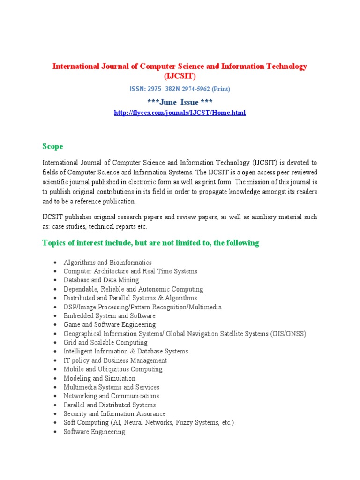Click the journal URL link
coord(180,112)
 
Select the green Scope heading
coord(52,147)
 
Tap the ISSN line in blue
coord(180,89)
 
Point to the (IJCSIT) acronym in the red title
coord(180,76)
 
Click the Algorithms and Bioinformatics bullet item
coord(107,262)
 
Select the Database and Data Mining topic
coord(101,280)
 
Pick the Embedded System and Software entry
coord(109,316)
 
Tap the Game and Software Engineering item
coord(109,324)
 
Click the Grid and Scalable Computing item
coord(105,343)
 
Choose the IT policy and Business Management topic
coord(115,360)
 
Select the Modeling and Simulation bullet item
coord(99,378)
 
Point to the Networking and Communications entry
coord(111,396)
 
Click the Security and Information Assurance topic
coord(114,414)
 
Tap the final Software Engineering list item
coord(94,432)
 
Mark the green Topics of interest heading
coord(150,243)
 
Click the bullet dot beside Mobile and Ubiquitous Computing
coord(55,369)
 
